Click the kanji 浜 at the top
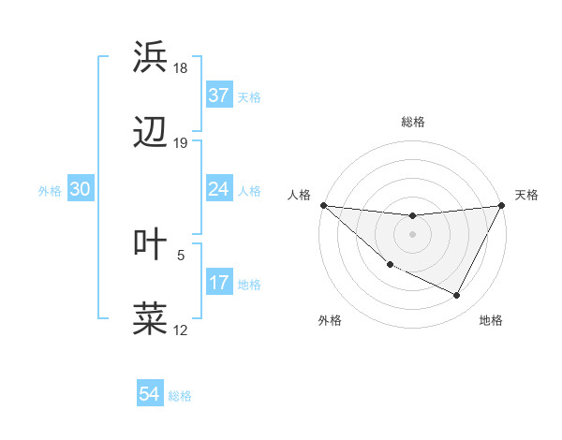(x=150, y=57)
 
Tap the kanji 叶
(x=150, y=243)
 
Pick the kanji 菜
(x=150, y=318)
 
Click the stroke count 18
(x=181, y=68)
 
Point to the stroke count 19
(x=181, y=143)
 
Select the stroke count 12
(x=181, y=330)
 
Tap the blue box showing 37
(x=218, y=95)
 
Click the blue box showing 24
(x=218, y=189)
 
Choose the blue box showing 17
(x=218, y=283)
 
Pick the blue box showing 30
(x=80, y=189)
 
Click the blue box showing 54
(x=150, y=395)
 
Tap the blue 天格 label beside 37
(x=249, y=96)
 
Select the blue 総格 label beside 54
(x=180, y=396)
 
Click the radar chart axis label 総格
(x=413, y=122)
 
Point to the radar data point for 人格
(x=323, y=205)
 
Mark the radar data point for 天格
(x=502, y=205)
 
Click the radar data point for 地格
(x=457, y=296)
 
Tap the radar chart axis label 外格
(x=330, y=320)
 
